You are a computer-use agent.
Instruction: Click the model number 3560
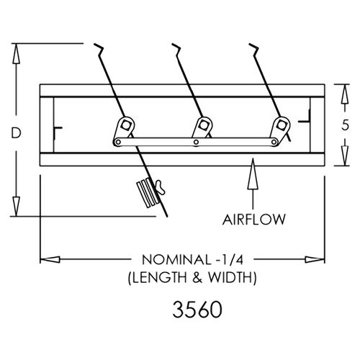pyautogui.click(x=197, y=310)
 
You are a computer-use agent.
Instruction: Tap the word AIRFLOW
pyautogui.click(x=254, y=220)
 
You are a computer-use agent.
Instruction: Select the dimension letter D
pyautogui.click(x=16, y=133)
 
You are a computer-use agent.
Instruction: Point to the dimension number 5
pyautogui.click(x=345, y=125)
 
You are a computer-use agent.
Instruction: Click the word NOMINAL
pyautogui.click(x=176, y=260)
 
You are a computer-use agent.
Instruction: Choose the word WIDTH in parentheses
pyautogui.click(x=230, y=278)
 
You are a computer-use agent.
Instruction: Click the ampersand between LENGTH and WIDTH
pyautogui.click(x=197, y=278)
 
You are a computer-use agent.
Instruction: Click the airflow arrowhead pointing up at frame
pyautogui.click(x=253, y=174)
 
